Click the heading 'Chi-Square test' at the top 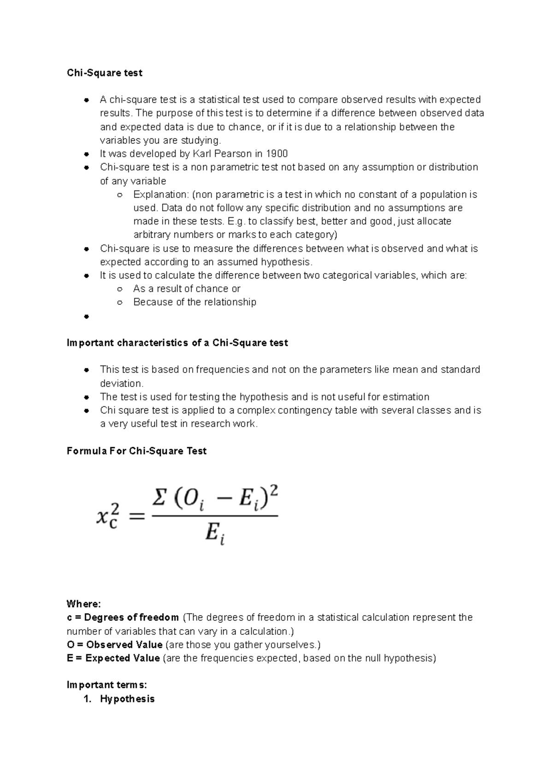(105, 73)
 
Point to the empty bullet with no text (86, 316)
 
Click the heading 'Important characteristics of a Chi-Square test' (177, 343)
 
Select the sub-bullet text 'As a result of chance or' (187, 289)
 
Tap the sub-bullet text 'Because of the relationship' (194, 302)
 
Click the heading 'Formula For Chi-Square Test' (136, 451)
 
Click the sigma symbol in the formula (159, 499)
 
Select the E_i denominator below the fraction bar (215, 534)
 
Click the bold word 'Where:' (83, 604)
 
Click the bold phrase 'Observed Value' (124, 645)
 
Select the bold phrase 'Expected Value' (123, 658)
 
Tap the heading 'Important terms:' (106, 685)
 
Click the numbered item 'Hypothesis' (127, 698)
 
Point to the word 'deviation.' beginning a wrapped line (122, 383)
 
